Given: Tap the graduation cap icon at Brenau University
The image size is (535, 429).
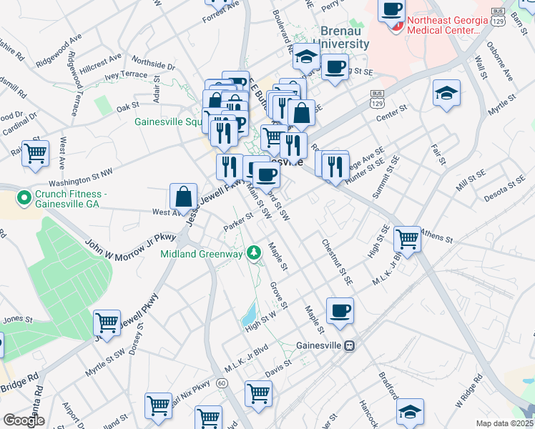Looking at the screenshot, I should (307, 56).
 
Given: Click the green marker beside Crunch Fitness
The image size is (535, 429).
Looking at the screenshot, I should (24, 195).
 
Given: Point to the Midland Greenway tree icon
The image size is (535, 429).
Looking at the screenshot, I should (253, 252).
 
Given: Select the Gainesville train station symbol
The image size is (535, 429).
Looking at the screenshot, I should (350, 345).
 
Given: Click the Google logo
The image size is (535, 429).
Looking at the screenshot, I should (24, 420).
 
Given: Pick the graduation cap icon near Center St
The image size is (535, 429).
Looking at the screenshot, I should (446, 92).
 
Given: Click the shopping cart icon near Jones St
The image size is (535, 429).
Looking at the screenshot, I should (107, 322).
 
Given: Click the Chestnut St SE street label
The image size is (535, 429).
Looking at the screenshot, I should (336, 262).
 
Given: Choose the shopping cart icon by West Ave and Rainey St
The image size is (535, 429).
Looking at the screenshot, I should (35, 152).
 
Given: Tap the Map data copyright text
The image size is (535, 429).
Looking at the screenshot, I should (504, 423).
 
